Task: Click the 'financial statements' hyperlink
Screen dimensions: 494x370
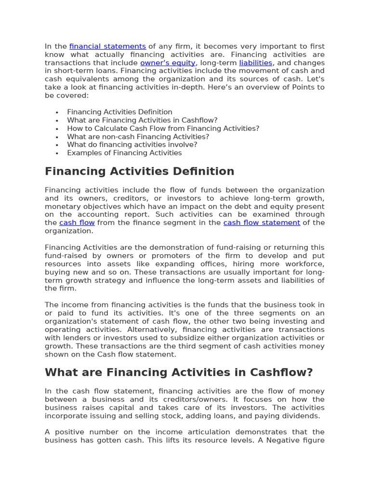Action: point(107,46)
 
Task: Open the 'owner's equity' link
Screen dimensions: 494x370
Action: point(168,63)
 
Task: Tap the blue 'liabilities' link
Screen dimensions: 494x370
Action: point(256,63)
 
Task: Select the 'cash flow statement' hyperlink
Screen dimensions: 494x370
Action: point(262,222)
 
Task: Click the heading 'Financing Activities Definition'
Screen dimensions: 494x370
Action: point(139,171)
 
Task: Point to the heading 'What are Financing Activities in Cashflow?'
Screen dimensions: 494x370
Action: point(179,372)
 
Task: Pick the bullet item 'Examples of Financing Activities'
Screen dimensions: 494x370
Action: point(124,153)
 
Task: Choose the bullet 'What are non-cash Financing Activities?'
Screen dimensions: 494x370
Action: point(138,137)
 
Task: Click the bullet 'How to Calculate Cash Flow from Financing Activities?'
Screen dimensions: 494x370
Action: point(163,128)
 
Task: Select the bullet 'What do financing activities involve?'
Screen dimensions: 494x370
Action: point(132,145)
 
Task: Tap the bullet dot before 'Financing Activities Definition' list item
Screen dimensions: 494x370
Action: point(57,112)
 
